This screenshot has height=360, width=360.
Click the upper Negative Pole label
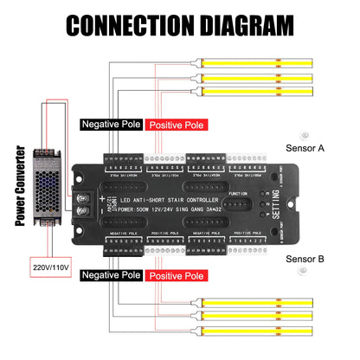click(x=111, y=125)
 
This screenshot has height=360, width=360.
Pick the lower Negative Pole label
click(x=111, y=275)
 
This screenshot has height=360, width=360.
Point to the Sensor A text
click(x=305, y=148)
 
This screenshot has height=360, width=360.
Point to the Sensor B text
click(x=305, y=258)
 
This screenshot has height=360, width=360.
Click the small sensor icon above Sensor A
click(x=304, y=134)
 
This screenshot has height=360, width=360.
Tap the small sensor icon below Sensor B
click(x=304, y=272)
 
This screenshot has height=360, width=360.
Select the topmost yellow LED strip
click(x=276, y=64)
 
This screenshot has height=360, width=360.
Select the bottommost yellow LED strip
click(x=276, y=334)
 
